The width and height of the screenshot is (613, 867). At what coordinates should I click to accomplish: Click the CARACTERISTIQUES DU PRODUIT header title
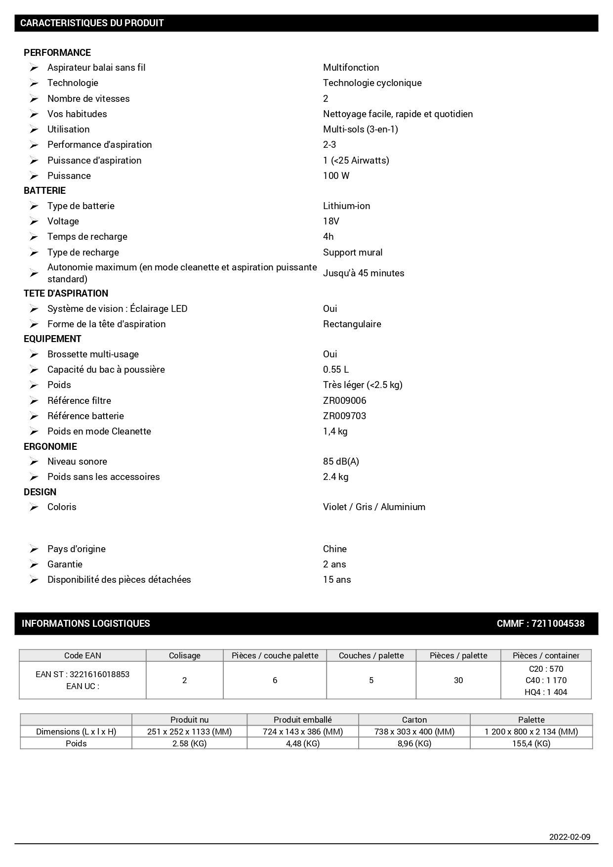coord(92,23)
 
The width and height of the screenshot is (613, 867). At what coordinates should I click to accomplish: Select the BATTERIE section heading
coord(44,191)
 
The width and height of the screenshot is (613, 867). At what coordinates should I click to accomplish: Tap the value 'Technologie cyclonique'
coord(372,83)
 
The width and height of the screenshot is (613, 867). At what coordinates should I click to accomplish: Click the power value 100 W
coord(336,176)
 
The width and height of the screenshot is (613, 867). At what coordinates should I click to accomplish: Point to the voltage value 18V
coord(331,221)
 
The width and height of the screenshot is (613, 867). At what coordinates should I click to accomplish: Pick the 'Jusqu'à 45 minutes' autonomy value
coord(364,273)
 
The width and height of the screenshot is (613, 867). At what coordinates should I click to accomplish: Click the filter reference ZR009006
coord(344,401)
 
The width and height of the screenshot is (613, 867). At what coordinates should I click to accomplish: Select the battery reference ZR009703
coord(344,416)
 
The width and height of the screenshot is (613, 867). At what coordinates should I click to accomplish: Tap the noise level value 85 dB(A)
coord(341,462)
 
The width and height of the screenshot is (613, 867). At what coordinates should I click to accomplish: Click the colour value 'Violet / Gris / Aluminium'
coord(374,507)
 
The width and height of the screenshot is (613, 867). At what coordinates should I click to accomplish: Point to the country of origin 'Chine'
coord(334,549)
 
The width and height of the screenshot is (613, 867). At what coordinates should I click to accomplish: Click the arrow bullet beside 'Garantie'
coord(34,564)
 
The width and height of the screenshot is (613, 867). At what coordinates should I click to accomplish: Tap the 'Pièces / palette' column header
coord(458,655)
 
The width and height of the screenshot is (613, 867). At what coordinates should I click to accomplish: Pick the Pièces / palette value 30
coord(458,681)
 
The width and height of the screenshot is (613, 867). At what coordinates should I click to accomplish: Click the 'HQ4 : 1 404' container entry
coord(546,692)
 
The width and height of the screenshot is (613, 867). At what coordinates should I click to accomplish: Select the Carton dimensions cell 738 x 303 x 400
coord(414,732)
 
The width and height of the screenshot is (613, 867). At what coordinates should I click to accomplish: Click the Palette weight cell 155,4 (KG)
coord(531,743)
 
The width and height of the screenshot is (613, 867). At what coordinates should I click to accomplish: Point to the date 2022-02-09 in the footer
coord(570,837)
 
